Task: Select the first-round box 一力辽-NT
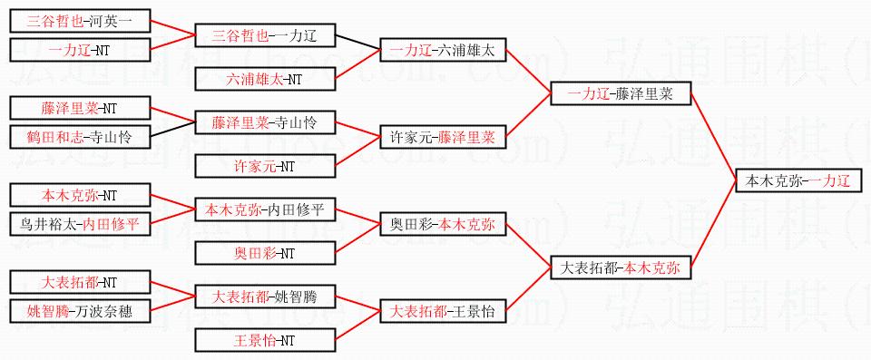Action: point(80,50)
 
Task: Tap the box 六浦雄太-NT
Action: point(265,78)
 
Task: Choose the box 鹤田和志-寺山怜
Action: point(80,137)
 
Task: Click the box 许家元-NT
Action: point(265,166)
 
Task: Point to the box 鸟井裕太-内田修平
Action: point(80,224)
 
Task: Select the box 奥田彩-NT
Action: point(265,253)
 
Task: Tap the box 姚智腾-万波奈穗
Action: point(80,310)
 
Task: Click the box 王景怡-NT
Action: point(265,339)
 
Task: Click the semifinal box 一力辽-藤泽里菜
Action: point(621,93)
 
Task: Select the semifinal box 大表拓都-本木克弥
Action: point(621,268)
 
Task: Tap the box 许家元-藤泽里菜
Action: point(443,137)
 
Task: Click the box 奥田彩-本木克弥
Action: point(443,224)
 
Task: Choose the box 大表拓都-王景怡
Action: point(443,310)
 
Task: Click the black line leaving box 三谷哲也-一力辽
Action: point(357,43)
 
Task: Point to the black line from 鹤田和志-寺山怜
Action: point(172,129)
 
